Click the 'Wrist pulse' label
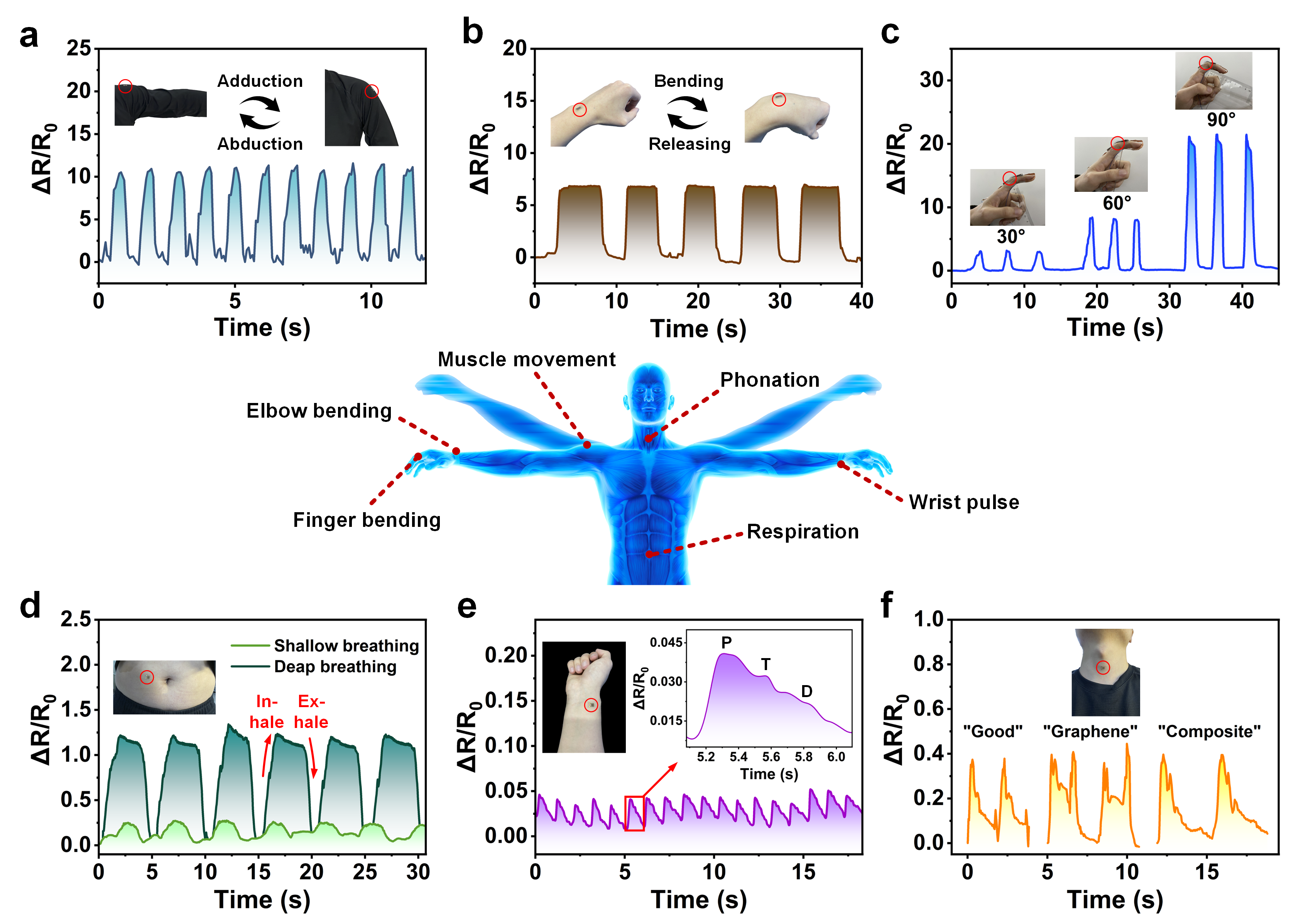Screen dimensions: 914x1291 [x=963, y=502]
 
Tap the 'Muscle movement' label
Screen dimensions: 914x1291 [x=527, y=360]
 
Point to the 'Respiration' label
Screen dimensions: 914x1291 [x=803, y=532]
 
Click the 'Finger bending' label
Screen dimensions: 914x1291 [x=367, y=520]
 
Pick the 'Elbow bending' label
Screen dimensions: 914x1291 [x=319, y=411]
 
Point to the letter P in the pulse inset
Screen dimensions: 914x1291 [x=726, y=643]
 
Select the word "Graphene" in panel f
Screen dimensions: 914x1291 [x=1090, y=732]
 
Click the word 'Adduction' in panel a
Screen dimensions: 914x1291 [x=260, y=81]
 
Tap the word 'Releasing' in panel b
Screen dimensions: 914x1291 [x=689, y=144]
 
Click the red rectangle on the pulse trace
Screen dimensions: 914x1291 [x=635, y=813]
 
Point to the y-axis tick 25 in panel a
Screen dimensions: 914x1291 [x=78, y=48]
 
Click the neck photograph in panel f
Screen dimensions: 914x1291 [x=1105, y=672]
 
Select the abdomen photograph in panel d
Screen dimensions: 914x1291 [x=164, y=687]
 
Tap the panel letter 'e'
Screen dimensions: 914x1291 [x=467, y=607]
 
